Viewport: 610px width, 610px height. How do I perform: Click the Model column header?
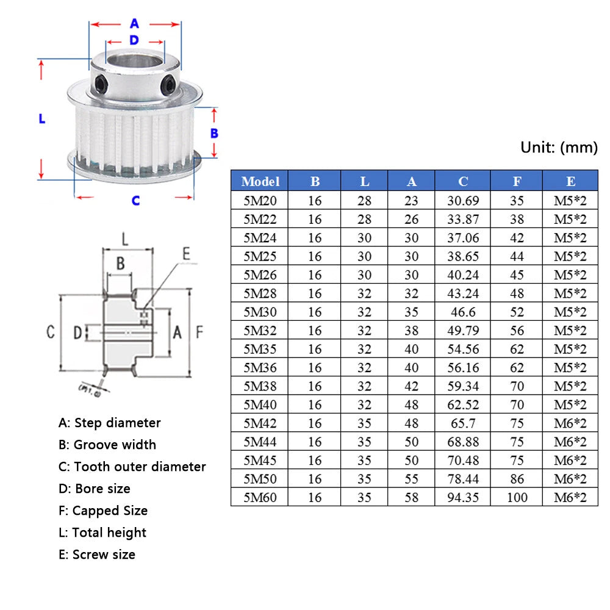[x=260, y=181]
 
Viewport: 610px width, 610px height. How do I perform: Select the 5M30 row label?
[x=260, y=312]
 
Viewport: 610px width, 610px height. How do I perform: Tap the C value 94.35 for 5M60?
[x=462, y=498]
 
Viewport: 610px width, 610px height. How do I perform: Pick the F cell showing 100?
[x=517, y=498]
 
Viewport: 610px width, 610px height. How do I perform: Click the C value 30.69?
[x=462, y=201]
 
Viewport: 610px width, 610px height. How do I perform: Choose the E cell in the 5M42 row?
[x=570, y=423]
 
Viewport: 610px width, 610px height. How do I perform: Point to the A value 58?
[x=411, y=498]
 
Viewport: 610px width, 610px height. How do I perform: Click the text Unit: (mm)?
[x=559, y=148]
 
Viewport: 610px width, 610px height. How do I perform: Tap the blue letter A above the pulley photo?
[x=135, y=23]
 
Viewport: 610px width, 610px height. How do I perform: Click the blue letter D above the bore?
[x=134, y=40]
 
